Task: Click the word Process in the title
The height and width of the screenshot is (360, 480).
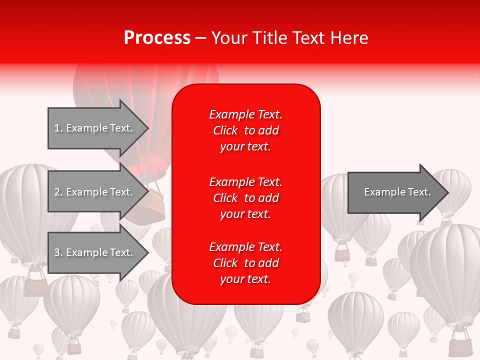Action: pyautogui.click(x=157, y=38)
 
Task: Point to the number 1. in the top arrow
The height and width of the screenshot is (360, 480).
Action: pyautogui.click(x=58, y=128)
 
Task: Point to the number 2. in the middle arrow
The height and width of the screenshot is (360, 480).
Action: pyautogui.click(x=58, y=192)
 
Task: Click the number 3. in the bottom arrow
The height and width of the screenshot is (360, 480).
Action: pyautogui.click(x=58, y=252)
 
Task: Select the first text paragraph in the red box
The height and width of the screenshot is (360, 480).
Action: pyautogui.click(x=245, y=130)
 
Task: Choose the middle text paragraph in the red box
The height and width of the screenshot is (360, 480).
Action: pyautogui.click(x=245, y=198)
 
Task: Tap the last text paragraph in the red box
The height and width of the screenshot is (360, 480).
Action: pyautogui.click(x=245, y=263)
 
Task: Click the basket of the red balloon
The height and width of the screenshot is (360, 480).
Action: pyautogui.click(x=153, y=205)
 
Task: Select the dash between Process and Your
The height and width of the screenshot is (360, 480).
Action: pyautogui.click(x=200, y=38)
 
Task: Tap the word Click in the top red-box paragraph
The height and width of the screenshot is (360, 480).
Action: pyautogui.click(x=225, y=130)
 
